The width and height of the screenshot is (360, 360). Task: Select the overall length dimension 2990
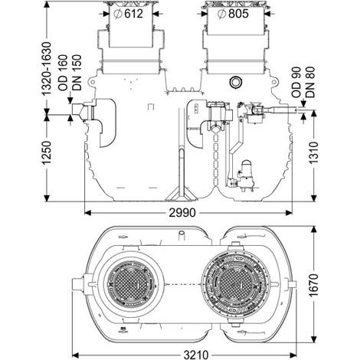click(182, 213)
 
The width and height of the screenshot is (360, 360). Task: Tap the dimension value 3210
click(196, 355)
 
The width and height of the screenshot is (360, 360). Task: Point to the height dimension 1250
click(47, 152)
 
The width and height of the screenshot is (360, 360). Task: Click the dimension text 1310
click(314, 152)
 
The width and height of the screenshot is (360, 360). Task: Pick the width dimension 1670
click(314, 285)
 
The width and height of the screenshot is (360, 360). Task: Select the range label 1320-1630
click(47, 69)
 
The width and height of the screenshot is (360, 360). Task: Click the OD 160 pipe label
click(63, 73)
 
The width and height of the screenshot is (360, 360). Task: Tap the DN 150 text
click(77, 73)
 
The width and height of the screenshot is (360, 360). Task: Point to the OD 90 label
click(296, 82)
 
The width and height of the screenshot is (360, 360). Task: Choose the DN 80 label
click(310, 82)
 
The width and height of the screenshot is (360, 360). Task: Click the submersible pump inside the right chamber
click(246, 175)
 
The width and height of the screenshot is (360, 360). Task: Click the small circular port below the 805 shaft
click(235, 82)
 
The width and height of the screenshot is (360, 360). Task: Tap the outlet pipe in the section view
click(281, 110)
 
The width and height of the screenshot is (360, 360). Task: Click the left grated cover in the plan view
click(130, 284)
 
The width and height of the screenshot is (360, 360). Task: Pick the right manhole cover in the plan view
click(235, 284)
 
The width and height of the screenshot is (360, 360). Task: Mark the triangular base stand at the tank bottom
click(182, 193)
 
